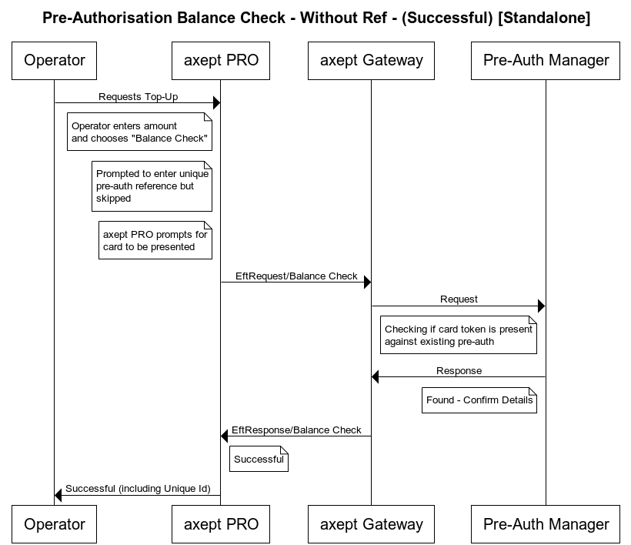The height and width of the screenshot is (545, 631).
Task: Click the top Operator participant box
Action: click(x=54, y=60)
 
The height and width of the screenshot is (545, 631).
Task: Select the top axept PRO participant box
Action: click(x=221, y=60)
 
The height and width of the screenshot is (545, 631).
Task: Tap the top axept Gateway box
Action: click(x=371, y=60)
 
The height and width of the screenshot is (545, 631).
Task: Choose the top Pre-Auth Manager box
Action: click(x=546, y=60)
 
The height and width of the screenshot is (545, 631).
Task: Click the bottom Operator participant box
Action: click(x=54, y=524)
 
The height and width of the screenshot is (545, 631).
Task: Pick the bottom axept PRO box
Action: click(x=221, y=524)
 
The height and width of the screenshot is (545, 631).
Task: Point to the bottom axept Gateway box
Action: click(x=371, y=524)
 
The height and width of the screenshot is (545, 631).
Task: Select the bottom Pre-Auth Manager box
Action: click(x=546, y=524)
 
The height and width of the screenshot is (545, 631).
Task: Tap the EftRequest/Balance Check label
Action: click(x=296, y=276)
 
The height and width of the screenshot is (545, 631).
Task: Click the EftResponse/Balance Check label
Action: click(x=296, y=430)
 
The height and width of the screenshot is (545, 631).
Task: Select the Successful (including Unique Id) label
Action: click(x=138, y=489)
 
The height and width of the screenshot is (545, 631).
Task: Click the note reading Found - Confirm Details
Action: click(x=479, y=400)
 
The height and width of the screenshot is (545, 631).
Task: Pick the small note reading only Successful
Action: click(x=259, y=460)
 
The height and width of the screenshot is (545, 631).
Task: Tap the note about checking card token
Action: click(x=458, y=335)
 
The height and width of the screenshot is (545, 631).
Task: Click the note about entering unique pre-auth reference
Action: click(x=152, y=186)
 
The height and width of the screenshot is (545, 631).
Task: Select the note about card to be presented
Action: click(x=155, y=241)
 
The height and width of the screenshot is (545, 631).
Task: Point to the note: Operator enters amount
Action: click(x=139, y=132)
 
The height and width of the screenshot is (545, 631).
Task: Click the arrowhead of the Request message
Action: click(x=541, y=306)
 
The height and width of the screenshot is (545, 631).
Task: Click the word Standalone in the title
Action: click(x=544, y=18)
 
